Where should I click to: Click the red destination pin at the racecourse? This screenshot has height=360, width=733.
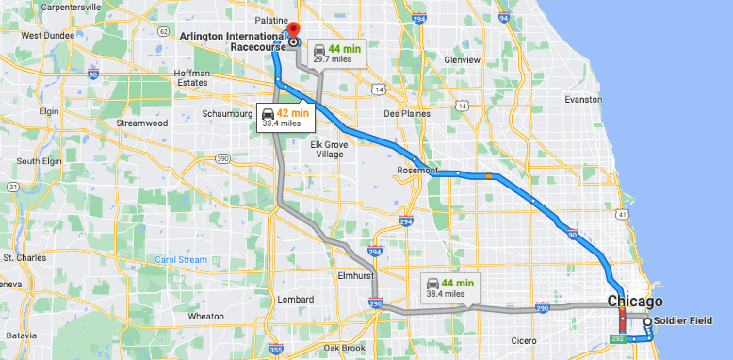coord(292,30)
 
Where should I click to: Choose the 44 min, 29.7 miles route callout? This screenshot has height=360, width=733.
coord(336,51)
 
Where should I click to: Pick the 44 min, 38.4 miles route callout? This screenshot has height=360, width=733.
coord(448,286)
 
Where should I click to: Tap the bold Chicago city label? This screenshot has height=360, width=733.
coord(634,302)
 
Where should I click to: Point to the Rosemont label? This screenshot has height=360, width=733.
coord(418,171)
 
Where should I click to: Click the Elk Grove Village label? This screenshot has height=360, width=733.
coord(329,149)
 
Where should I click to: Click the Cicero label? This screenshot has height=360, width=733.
coord(524,340)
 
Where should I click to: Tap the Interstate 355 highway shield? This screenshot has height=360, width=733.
coord(275,350)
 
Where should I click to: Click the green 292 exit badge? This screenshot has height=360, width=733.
coord(618,337)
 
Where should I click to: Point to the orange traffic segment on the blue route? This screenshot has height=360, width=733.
coord(487,175)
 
